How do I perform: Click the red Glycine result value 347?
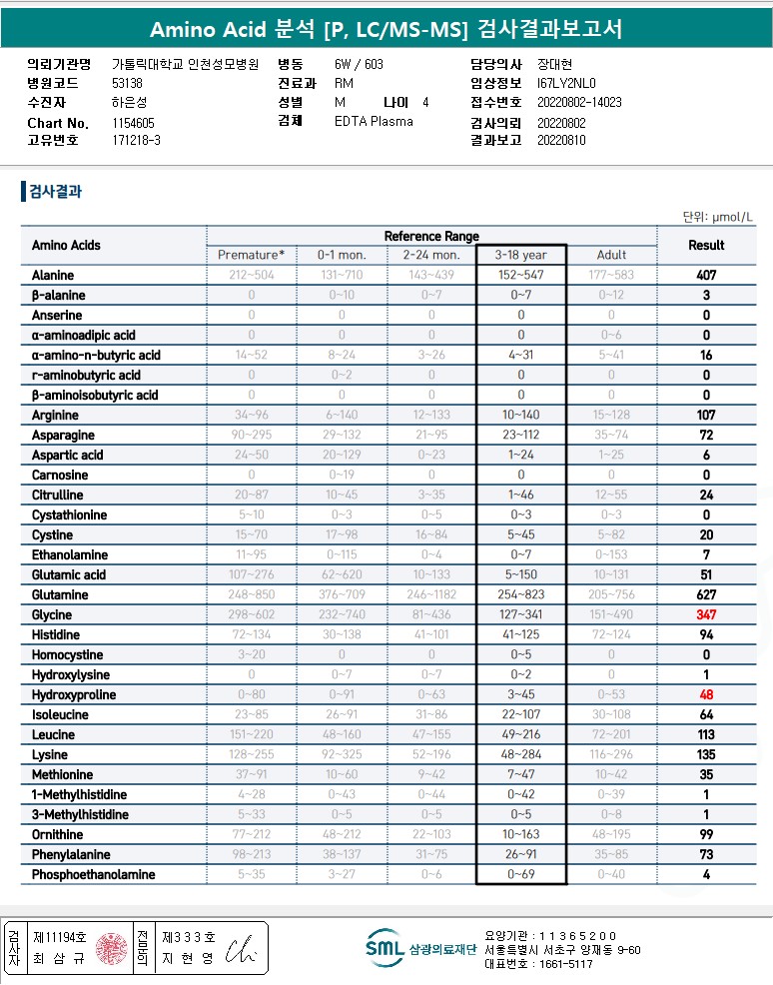[706, 615]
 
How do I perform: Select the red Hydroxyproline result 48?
[706, 695]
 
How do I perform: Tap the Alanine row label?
[53, 276]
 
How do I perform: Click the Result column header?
[706, 245]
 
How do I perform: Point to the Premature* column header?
[251, 255]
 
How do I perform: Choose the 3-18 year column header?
[520, 255]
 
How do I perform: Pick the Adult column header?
[611, 255]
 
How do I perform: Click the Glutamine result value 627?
[706, 595]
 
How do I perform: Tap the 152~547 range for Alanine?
[520, 276]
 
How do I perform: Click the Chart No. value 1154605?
[135, 123]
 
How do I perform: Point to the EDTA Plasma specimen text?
[374, 122]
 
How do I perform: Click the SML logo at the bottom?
[384, 948]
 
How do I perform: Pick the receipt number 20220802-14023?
[579, 102]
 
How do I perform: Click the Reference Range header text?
[431, 236]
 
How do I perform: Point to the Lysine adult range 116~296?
[611, 755]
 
